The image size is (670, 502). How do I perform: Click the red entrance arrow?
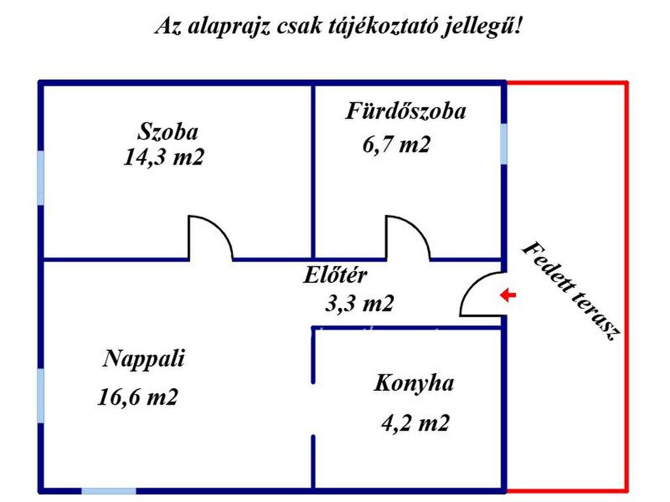[x=508, y=295]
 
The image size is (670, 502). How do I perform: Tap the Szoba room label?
[x=168, y=131]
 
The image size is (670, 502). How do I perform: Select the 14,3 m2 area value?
[x=164, y=157]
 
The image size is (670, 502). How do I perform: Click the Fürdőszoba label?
[x=406, y=111]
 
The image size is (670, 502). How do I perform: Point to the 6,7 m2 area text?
[x=396, y=144]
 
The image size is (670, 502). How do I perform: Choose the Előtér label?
[x=336, y=275]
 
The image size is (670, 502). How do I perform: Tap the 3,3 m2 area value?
[x=359, y=303]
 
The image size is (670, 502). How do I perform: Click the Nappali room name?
[x=144, y=359]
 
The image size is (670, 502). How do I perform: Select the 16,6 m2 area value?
[x=137, y=397]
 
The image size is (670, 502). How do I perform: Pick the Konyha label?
[x=414, y=383]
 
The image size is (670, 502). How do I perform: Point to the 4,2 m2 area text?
[x=415, y=424]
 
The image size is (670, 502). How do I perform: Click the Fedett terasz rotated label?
[x=572, y=291]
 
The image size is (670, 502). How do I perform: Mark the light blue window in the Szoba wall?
[x=41, y=178]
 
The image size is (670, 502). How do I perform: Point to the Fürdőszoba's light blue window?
[x=504, y=144]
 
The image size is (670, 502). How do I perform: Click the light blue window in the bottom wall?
[x=109, y=491]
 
